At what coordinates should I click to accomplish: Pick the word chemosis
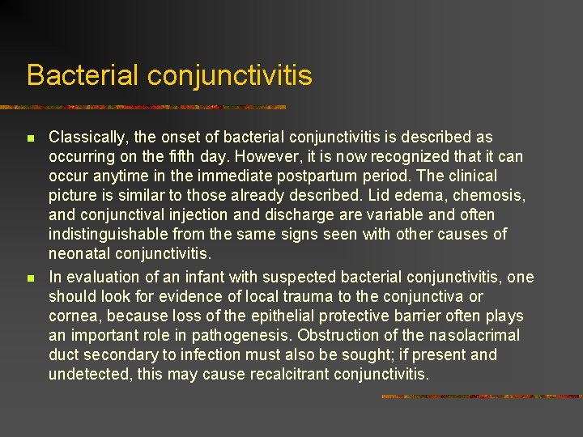(495, 196)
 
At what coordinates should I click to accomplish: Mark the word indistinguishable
(108, 235)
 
